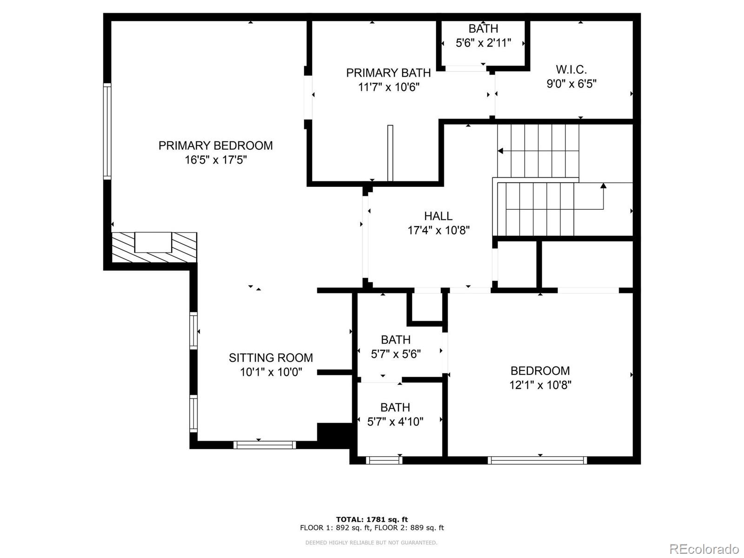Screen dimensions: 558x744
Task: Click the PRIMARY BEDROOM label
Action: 215,146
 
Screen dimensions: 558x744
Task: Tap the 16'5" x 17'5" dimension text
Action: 215,160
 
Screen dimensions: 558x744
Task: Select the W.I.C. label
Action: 571,70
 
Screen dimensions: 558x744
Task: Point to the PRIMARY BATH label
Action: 388,73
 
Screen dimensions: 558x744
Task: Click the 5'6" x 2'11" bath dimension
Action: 483,43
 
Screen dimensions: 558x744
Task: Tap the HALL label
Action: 438,216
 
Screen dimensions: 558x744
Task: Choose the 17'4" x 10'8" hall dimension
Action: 438,230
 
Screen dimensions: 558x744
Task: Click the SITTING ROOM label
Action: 271,358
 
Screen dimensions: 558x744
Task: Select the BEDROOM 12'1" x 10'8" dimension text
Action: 540,385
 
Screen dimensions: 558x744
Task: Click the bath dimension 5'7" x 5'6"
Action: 396,354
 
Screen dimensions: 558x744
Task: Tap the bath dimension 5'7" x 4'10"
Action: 395,422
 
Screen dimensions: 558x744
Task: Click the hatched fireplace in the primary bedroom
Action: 154,247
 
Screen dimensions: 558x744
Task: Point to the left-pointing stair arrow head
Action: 500,151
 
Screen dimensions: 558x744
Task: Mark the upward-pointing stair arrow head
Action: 603,186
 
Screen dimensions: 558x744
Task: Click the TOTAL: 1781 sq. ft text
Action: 372,519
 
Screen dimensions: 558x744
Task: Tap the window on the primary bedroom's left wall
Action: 107,131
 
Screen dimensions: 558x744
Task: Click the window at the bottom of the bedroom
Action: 537,460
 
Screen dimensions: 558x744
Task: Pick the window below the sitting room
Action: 265,445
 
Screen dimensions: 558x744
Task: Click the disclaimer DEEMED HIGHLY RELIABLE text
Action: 371,543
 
